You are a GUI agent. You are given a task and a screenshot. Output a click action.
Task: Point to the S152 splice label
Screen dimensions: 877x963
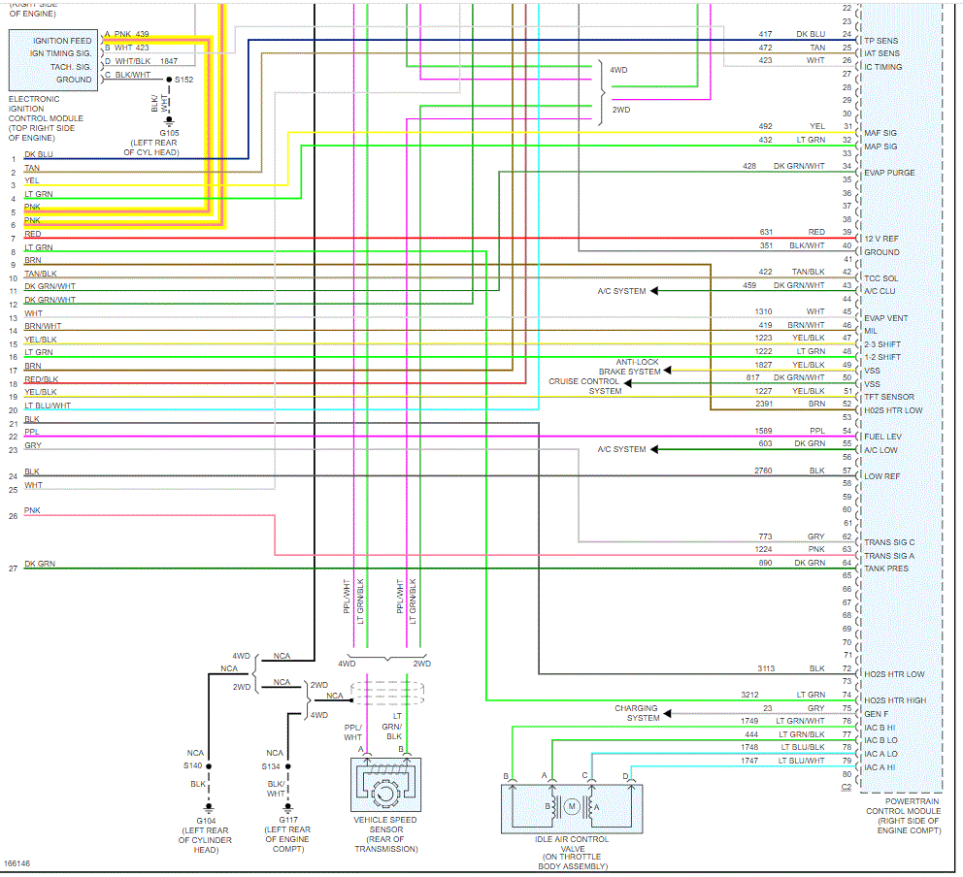(x=184, y=79)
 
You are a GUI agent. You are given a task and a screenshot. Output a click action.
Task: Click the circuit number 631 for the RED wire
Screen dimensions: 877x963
(x=767, y=232)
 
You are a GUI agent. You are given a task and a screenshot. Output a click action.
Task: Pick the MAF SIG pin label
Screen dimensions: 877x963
(x=880, y=133)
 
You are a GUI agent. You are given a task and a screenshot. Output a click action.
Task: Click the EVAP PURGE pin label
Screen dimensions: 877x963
(x=889, y=173)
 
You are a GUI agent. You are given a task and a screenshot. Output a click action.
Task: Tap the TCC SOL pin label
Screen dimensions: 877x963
(x=881, y=278)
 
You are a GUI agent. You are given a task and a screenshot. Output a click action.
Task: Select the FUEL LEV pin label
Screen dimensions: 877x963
(x=882, y=437)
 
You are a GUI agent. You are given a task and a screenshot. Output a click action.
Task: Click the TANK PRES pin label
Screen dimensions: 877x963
(x=886, y=568)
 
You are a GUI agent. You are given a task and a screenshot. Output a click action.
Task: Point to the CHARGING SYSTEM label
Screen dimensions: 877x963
(x=636, y=713)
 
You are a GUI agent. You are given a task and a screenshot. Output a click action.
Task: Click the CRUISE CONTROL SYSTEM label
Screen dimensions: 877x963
(x=584, y=386)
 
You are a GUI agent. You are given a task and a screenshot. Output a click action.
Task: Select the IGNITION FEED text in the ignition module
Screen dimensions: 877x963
(x=62, y=41)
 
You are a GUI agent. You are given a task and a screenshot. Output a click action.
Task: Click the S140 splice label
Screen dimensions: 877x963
(x=194, y=765)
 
